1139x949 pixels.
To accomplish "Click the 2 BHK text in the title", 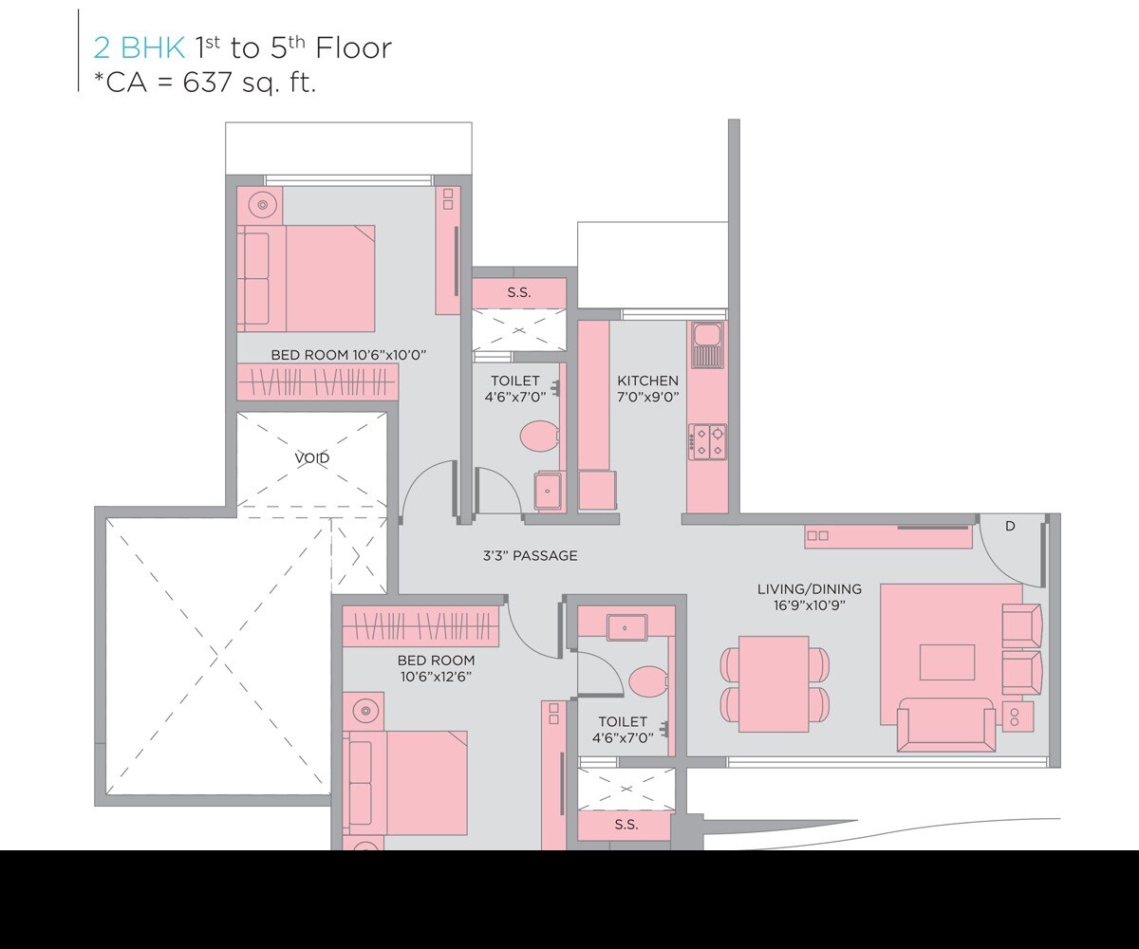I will click(139, 47).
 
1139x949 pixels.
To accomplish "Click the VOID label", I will click(311, 458).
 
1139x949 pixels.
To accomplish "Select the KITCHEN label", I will click(648, 381).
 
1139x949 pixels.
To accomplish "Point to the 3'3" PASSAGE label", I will click(530, 556).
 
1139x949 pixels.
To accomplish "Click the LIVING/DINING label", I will click(810, 589).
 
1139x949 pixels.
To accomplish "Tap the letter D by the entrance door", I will click(1010, 526).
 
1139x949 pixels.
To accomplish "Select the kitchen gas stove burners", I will click(708, 441).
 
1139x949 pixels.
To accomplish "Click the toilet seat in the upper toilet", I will click(541, 437).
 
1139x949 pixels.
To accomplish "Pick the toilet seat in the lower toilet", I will click(648, 680).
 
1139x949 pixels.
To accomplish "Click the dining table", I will click(774, 684).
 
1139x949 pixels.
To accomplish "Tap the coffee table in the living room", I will click(946, 661).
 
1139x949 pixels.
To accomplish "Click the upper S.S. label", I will click(518, 293).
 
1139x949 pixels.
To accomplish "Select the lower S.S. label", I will click(626, 825).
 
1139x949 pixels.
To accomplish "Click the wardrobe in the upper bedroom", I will click(317, 382).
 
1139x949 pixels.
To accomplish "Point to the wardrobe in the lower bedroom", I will click(420, 627).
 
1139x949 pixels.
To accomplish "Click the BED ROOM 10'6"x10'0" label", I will click(348, 355).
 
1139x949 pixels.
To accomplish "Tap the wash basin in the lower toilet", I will click(626, 626).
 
